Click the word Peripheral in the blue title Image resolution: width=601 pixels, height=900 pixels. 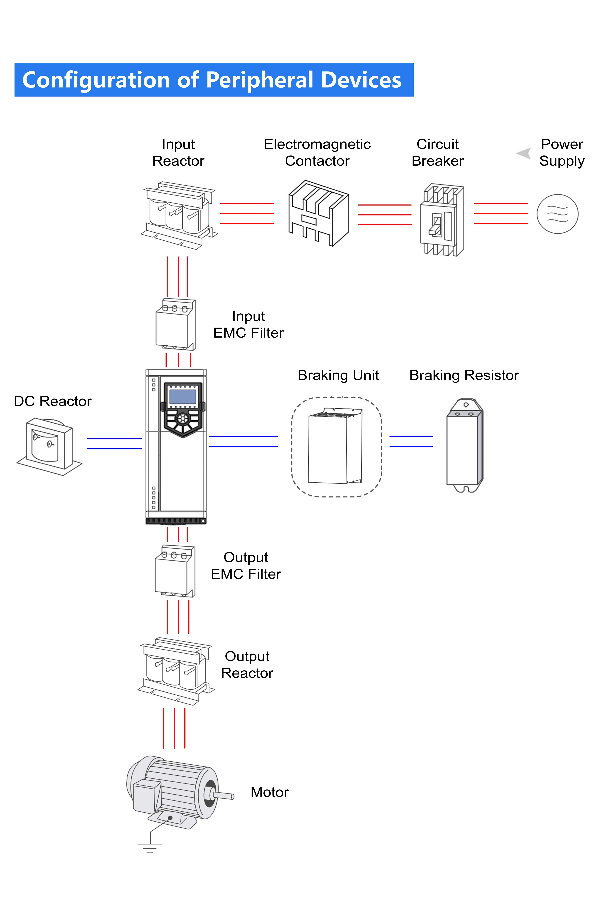(261, 80)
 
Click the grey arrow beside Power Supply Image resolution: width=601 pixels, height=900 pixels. (524, 153)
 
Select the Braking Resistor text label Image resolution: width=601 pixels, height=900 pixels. (464, 375)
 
